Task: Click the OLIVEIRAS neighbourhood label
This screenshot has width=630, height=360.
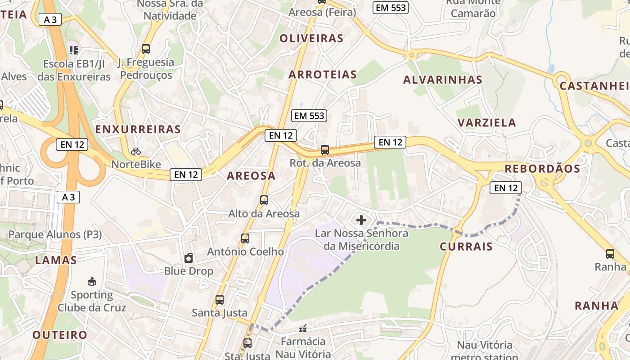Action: coord(311,38)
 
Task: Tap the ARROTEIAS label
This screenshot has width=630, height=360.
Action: coord(323,74)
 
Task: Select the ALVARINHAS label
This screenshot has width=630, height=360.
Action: coord(443,80)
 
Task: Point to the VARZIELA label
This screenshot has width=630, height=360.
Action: coord(486,122)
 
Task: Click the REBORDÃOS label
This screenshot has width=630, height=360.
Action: coord(542,169)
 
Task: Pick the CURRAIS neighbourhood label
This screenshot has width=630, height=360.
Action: coord(466,246)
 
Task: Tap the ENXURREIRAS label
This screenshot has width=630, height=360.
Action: coord(138,130)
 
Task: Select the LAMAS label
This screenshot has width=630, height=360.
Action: coord(56,260)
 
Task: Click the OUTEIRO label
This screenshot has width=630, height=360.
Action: coord(60,335)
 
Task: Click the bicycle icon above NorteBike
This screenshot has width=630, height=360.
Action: coord(136,151)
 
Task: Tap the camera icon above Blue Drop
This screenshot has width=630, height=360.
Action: coord(189,258)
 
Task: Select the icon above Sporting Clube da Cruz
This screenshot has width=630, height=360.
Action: coord(92,282)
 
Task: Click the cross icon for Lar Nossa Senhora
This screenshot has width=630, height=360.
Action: coord(361,220)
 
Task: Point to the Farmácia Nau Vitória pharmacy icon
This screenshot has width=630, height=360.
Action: coord(303,328)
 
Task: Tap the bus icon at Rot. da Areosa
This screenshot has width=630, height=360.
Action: coord(325,150)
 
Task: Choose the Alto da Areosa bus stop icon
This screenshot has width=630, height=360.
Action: coord(264,200)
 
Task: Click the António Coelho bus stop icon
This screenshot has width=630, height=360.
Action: coord(245,238)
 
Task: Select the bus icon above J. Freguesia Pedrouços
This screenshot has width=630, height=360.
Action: coord(145,49)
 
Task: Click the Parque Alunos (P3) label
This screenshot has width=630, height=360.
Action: coord(55,234)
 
